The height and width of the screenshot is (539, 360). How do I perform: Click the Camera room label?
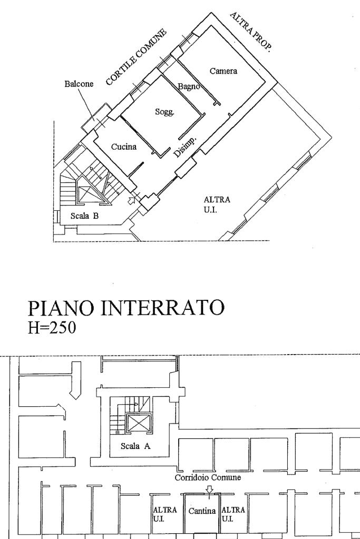click(x=223, y=71)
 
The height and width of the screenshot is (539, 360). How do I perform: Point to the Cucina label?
click(x=124, y=147)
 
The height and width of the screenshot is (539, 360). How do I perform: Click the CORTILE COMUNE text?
click(x=136, y=57)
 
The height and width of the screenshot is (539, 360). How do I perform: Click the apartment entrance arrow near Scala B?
click(x=132, y=200)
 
